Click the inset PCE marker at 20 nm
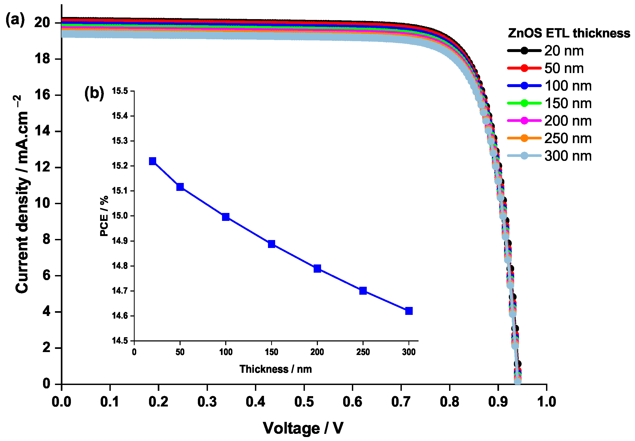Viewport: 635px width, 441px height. click(152, 161)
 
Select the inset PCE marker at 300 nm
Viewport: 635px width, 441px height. click(409, 311)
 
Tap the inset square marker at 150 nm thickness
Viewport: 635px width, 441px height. click(271, 244)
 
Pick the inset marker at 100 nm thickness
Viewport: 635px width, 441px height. click(225, 217)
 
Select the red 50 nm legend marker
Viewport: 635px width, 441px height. click(524, 68)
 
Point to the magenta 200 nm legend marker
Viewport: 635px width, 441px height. click(524, 121)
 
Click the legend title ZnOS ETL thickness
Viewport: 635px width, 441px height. click(569, 33)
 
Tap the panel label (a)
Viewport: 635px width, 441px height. click(15, 20)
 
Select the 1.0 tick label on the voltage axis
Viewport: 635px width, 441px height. click(546, 401)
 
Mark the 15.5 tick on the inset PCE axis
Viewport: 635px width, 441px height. click(120, 91)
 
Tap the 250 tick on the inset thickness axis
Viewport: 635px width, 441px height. click(363, 352)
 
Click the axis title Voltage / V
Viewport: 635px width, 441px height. click(303, 428)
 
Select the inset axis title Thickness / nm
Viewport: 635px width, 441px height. click(275, 369)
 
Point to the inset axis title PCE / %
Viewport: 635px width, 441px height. click(104, 216)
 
